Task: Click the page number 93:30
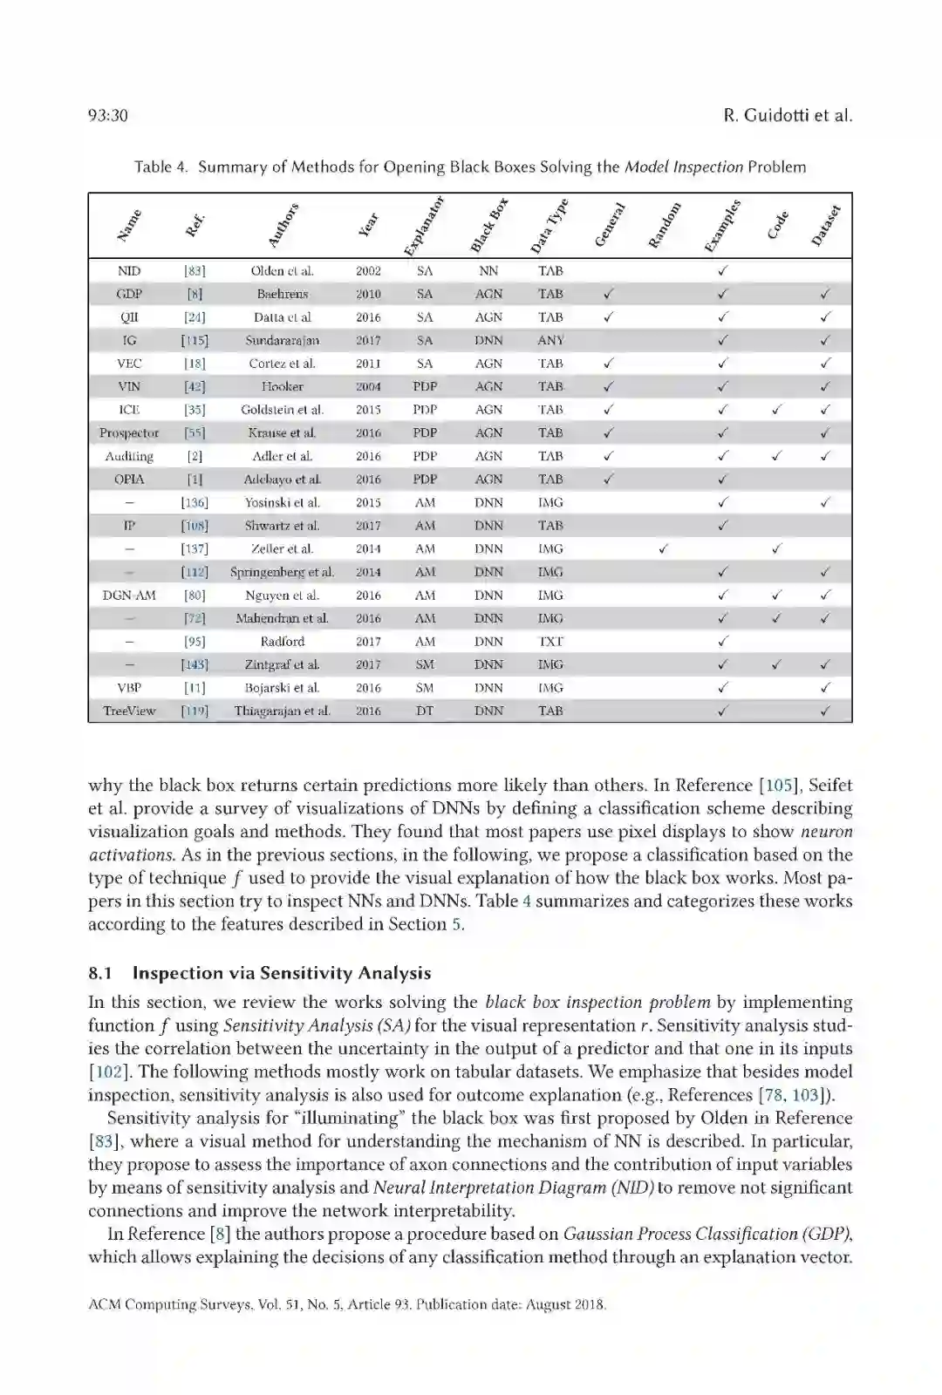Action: [108, 116]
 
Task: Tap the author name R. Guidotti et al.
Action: [787, 116]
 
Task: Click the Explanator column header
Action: [425, 226]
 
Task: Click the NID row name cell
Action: [129, 271]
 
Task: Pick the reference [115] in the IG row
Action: [195, 341]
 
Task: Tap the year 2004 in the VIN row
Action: [368, 387]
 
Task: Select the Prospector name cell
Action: [129, 433]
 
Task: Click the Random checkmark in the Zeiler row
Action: [664, 548]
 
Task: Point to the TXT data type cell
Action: [550, 642]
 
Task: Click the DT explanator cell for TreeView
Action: [425, 711]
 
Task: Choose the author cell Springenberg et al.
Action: [282, 573]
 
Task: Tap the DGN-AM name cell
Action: [129, 595]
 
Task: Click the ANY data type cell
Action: [550, 341]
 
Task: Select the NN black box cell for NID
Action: [488, 271]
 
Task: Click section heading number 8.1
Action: [102, 974]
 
